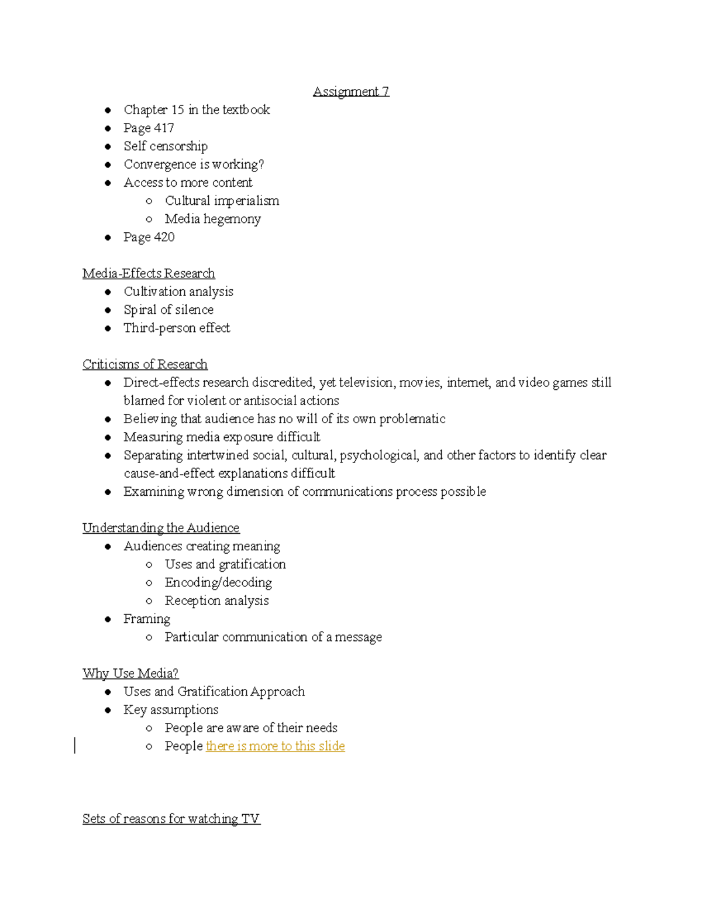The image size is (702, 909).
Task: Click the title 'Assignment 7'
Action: point(351,91)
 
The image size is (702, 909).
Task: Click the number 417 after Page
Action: point(164,128)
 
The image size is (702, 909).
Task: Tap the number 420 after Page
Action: point(164,237)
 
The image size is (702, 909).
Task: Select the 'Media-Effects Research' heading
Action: point(149,273)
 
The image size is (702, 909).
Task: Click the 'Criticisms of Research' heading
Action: point(145,364)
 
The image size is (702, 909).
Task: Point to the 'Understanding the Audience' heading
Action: point(161,528)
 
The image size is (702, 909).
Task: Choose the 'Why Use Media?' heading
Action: point(130,673)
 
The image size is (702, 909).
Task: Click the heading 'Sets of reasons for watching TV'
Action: point(171,819)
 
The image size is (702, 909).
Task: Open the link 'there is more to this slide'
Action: point(276,746)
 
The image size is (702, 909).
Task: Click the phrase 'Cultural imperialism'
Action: point(222,201)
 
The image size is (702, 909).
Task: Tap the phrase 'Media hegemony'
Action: point(212,219)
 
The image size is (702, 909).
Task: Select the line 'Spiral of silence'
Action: point(168,310)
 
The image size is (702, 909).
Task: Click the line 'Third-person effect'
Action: point(177,328)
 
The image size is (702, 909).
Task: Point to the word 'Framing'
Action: point(147,619)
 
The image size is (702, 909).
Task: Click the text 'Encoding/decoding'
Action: point(218,582)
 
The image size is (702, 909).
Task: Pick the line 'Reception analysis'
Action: point(216,601)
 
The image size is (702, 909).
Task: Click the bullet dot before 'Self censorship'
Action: point(108,146)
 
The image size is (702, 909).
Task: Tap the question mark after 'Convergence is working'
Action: point(261,164)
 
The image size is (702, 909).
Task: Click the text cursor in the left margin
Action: point(75,746)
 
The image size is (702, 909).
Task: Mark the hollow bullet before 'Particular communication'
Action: point(149,637)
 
